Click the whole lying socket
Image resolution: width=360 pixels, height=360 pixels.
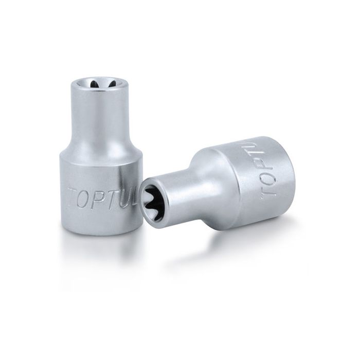point(221,180)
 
